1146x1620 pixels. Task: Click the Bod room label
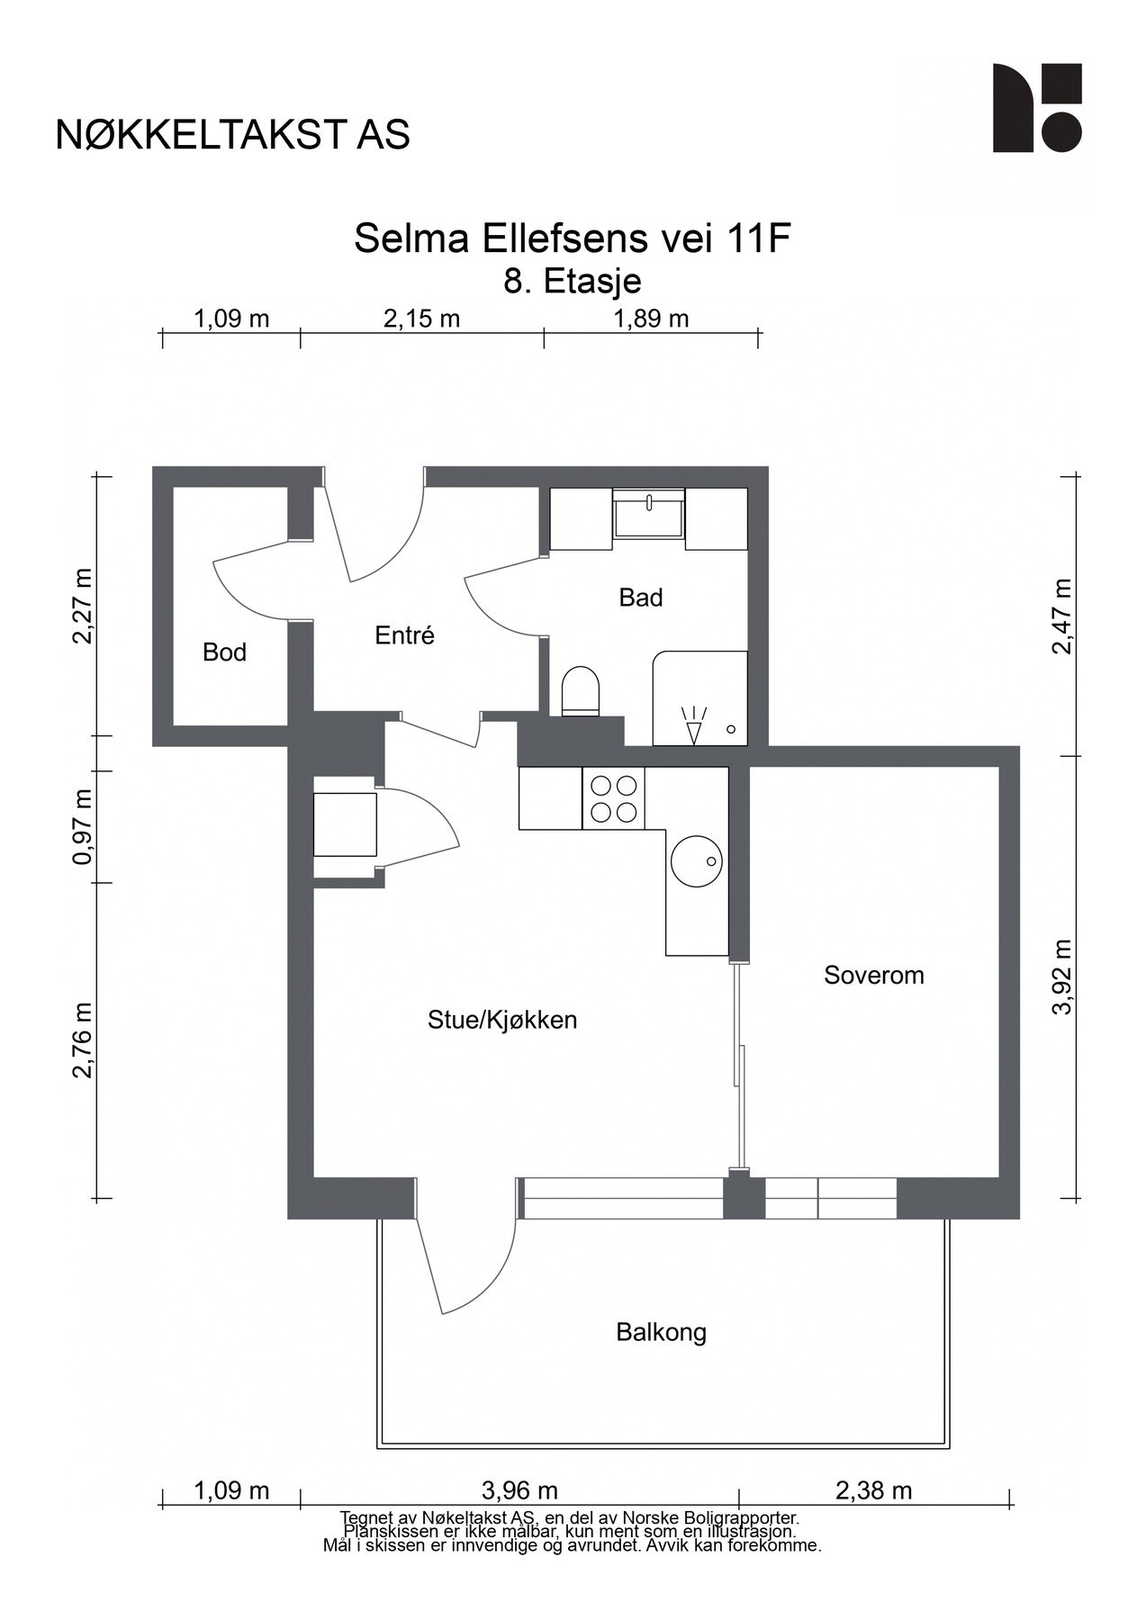[224, 652]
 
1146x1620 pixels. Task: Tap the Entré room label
[404, 635]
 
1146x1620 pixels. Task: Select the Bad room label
[641, 598]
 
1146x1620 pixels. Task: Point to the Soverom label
[874, 976]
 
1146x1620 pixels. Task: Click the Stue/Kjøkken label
[502, 1021]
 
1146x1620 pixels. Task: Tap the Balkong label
[661, 1333]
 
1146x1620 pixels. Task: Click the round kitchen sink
[697, 861]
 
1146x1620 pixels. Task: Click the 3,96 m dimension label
[519, 1491]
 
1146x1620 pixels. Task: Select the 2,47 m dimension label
[1063, 616]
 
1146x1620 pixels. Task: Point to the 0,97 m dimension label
[83, 827]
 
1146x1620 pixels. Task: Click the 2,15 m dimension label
[422, 319]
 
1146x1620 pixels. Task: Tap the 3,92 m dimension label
[1063, 977]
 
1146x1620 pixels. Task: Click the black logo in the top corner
[1037, 108]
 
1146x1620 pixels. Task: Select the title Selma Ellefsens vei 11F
[573, 239]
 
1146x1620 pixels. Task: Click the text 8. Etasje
[573, 282]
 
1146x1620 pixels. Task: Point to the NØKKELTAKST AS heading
[233, 135]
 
